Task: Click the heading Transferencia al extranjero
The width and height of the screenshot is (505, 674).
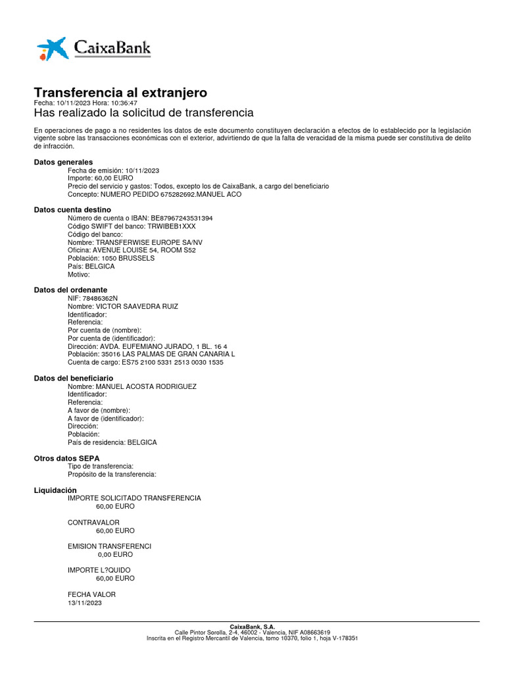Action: point(120,92)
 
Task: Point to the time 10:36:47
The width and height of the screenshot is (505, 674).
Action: point(124,103)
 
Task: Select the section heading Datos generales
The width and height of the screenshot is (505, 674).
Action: point(63,162)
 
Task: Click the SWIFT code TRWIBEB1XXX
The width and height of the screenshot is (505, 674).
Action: point(172,226)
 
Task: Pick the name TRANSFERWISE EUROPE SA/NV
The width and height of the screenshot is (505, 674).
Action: point(149,242)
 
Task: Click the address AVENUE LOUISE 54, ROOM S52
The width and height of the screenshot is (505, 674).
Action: point(144,250)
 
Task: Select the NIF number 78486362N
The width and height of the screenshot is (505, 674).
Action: point(95,298)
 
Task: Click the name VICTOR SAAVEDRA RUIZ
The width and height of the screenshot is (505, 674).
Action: point(137,306)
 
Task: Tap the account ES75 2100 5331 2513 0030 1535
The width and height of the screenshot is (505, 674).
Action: point(172,362)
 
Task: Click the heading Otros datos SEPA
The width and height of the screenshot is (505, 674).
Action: point(66,458)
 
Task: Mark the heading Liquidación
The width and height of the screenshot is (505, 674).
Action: point(55,490)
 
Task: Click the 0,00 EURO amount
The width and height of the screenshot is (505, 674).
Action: point(115,554)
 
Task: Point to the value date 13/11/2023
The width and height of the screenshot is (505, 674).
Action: point(85,602)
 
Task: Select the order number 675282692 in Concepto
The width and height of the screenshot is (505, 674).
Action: point(177,194)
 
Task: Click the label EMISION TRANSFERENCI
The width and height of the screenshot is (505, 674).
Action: point(109,546)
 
